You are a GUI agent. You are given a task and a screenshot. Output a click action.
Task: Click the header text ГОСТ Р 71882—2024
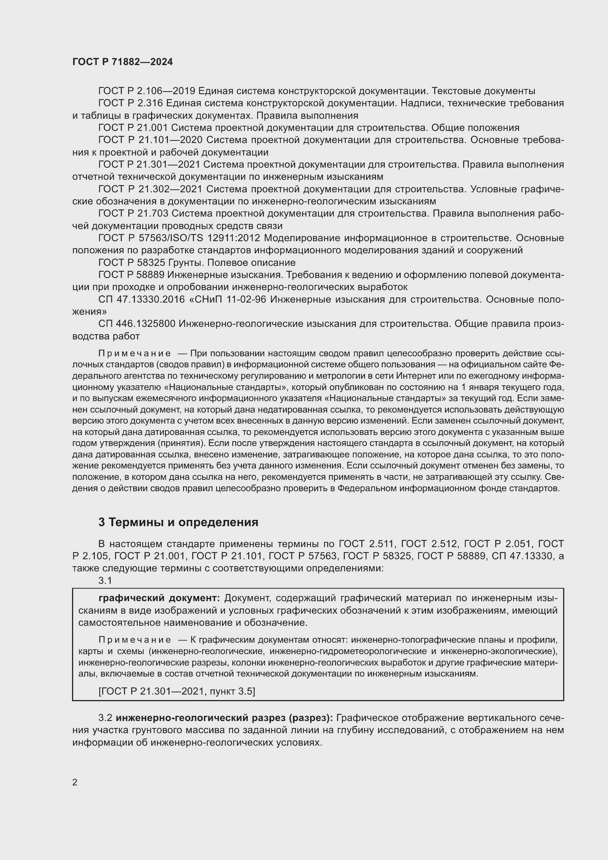[122, 62]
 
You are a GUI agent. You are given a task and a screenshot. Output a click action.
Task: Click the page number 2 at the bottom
[75, 782]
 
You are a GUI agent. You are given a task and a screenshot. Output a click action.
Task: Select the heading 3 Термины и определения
[178, 522]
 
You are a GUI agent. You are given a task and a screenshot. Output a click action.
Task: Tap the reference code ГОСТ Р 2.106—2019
[146, 91]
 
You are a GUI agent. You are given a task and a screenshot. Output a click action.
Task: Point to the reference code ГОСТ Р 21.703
[133, 214]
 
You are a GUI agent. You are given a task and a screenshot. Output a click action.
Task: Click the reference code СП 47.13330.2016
[142, 299]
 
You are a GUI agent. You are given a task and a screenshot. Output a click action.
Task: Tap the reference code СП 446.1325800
[137, 324]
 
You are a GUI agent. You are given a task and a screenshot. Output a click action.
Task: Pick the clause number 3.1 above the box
[105, 581]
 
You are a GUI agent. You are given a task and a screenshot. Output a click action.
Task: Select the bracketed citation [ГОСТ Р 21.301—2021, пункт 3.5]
[177, 692]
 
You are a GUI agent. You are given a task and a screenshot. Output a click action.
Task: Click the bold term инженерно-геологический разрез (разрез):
[224, 718]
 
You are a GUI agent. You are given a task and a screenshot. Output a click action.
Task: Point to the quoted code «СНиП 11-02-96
[227, 299]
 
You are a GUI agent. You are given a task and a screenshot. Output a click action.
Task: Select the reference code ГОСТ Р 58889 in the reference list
[131, 275]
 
